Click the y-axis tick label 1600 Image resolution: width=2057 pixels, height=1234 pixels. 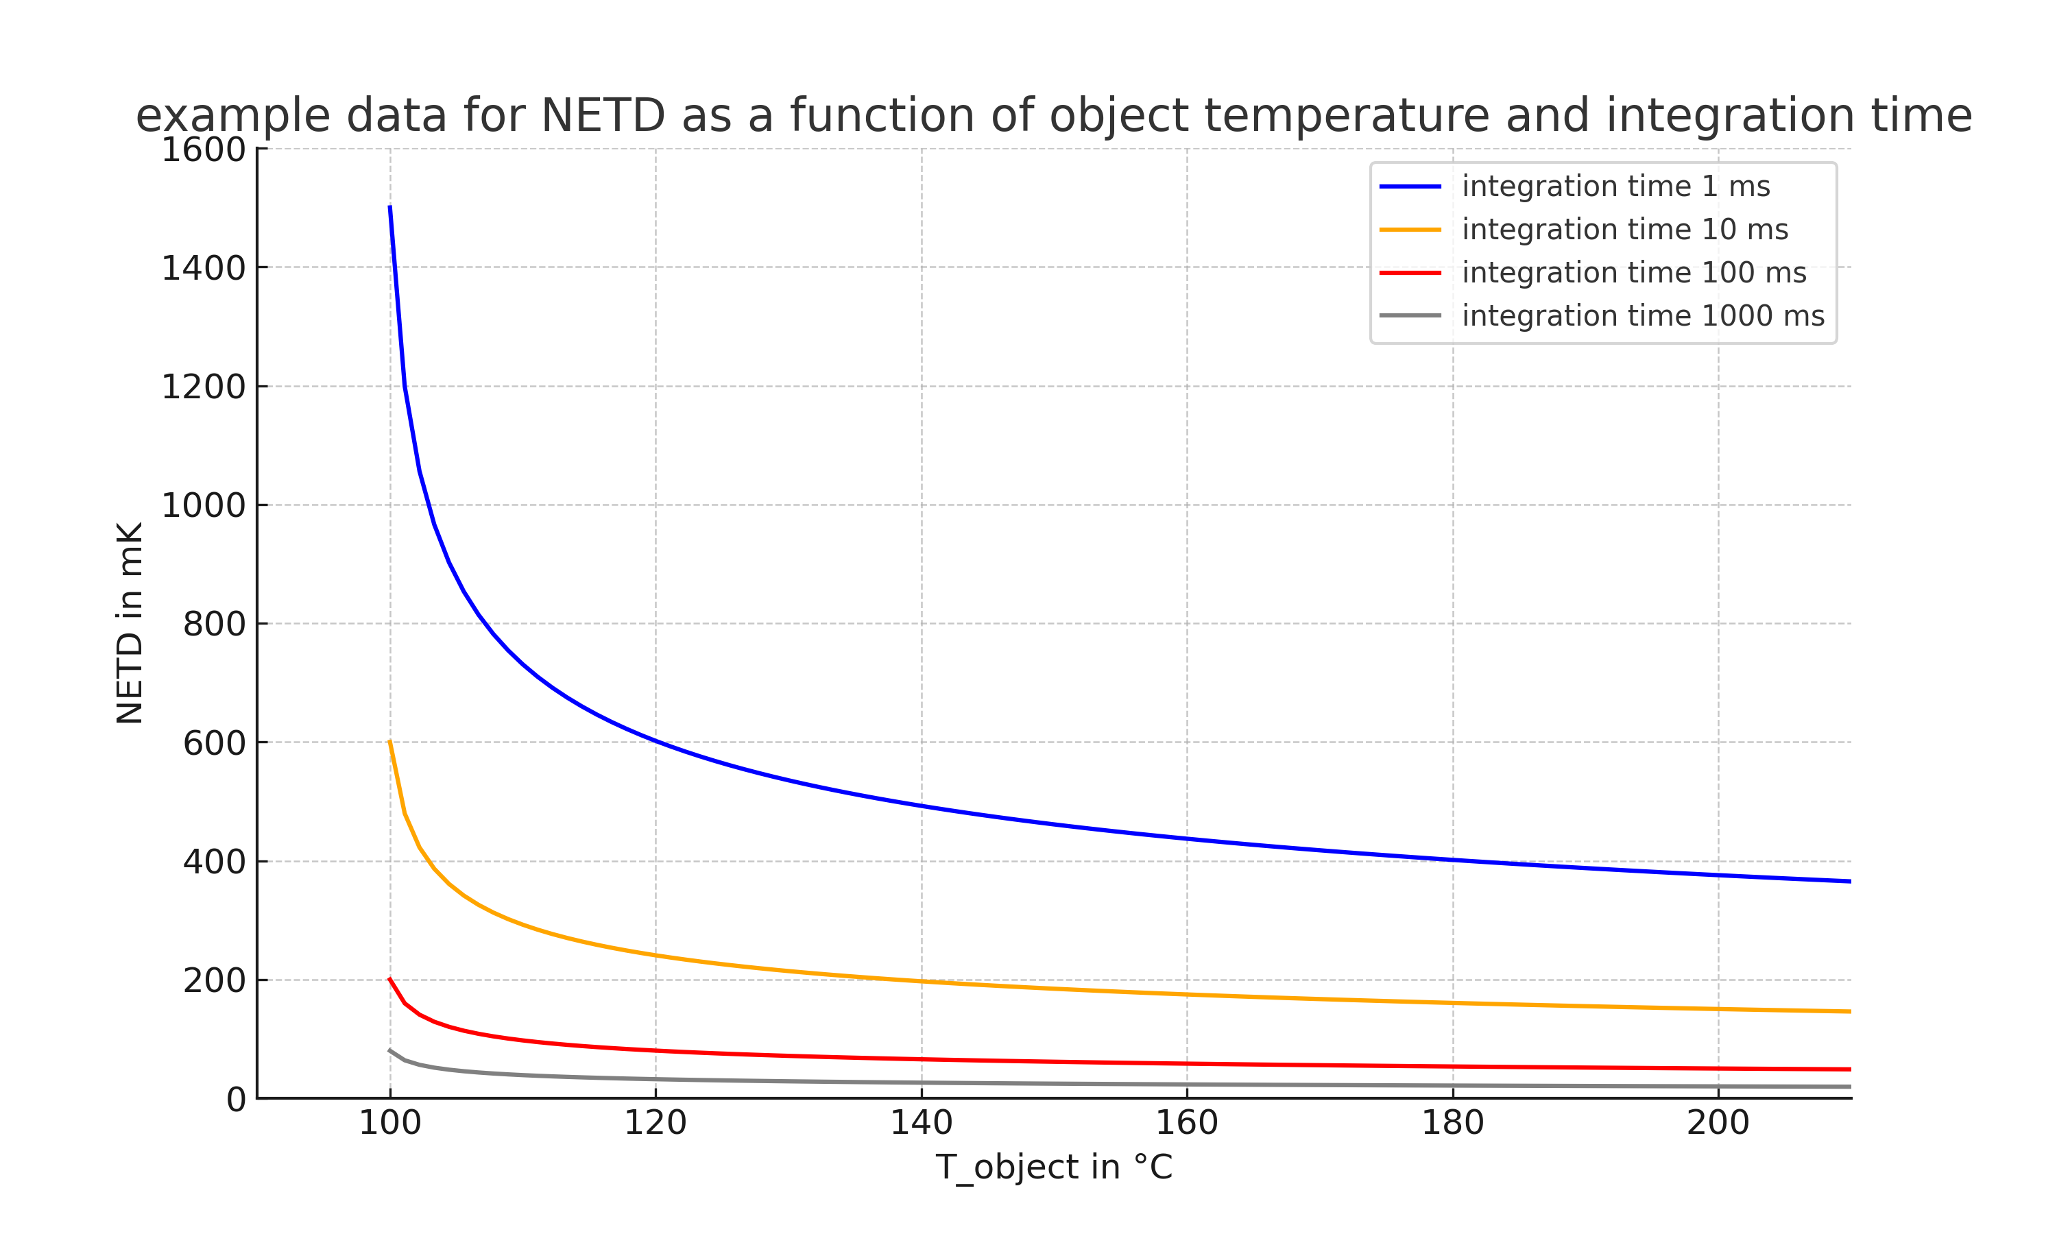tap(203, 151)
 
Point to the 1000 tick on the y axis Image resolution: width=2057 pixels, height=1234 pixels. tap(203, 505)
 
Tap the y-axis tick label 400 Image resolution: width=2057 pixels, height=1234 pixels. tap(214, 862)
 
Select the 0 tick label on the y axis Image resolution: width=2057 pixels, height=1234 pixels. tap(236, 1100)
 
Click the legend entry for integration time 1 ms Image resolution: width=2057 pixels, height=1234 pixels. tap(1615, 186)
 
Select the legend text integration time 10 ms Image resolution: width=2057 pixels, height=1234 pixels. tap(1624, 230)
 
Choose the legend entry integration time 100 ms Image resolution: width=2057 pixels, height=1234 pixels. tap(1634, 273)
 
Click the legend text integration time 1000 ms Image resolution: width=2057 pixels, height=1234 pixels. tap(1643, 316)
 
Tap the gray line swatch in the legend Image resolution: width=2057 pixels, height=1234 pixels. tap(1410, 316)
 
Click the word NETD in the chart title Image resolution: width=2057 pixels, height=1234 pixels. tap(603, 116)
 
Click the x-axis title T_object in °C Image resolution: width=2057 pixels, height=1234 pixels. tap(1053, 1168)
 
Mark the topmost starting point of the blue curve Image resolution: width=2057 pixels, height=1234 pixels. tap(390, 206)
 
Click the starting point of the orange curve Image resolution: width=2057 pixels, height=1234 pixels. tap(390, 741)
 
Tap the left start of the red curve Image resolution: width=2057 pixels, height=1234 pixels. tap(390, 979)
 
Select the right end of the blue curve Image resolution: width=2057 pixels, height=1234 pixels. tap(1850, 882)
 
